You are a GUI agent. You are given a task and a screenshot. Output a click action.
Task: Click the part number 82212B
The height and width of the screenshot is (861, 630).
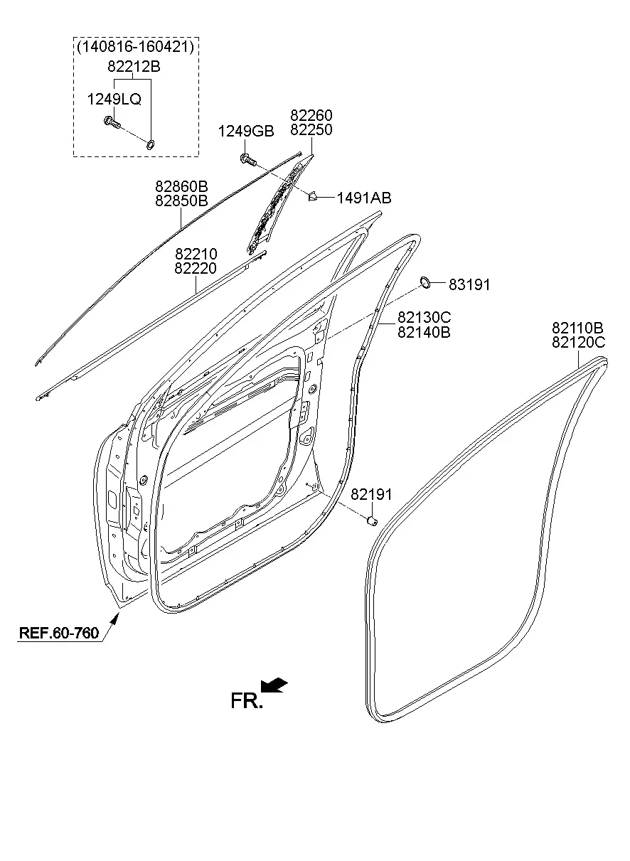[134, 67]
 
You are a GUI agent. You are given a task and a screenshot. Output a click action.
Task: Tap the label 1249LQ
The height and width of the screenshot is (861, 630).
[114, 99]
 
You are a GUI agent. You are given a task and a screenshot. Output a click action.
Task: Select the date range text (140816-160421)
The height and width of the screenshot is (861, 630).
[136, 47]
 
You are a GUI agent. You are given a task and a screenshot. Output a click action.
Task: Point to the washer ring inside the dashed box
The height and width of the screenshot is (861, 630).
[151, 144]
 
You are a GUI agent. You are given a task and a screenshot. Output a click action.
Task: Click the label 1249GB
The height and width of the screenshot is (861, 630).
[246, 131]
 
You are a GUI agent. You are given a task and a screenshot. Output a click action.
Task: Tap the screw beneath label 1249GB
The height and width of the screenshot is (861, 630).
[248, 159]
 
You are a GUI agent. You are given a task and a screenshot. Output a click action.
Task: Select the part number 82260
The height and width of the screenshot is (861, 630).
[311, 115]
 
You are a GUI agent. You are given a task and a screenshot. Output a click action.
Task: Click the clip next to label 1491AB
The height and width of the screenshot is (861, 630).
[314, 197]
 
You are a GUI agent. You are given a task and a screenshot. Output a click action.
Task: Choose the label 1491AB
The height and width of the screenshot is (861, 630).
[364, 198]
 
